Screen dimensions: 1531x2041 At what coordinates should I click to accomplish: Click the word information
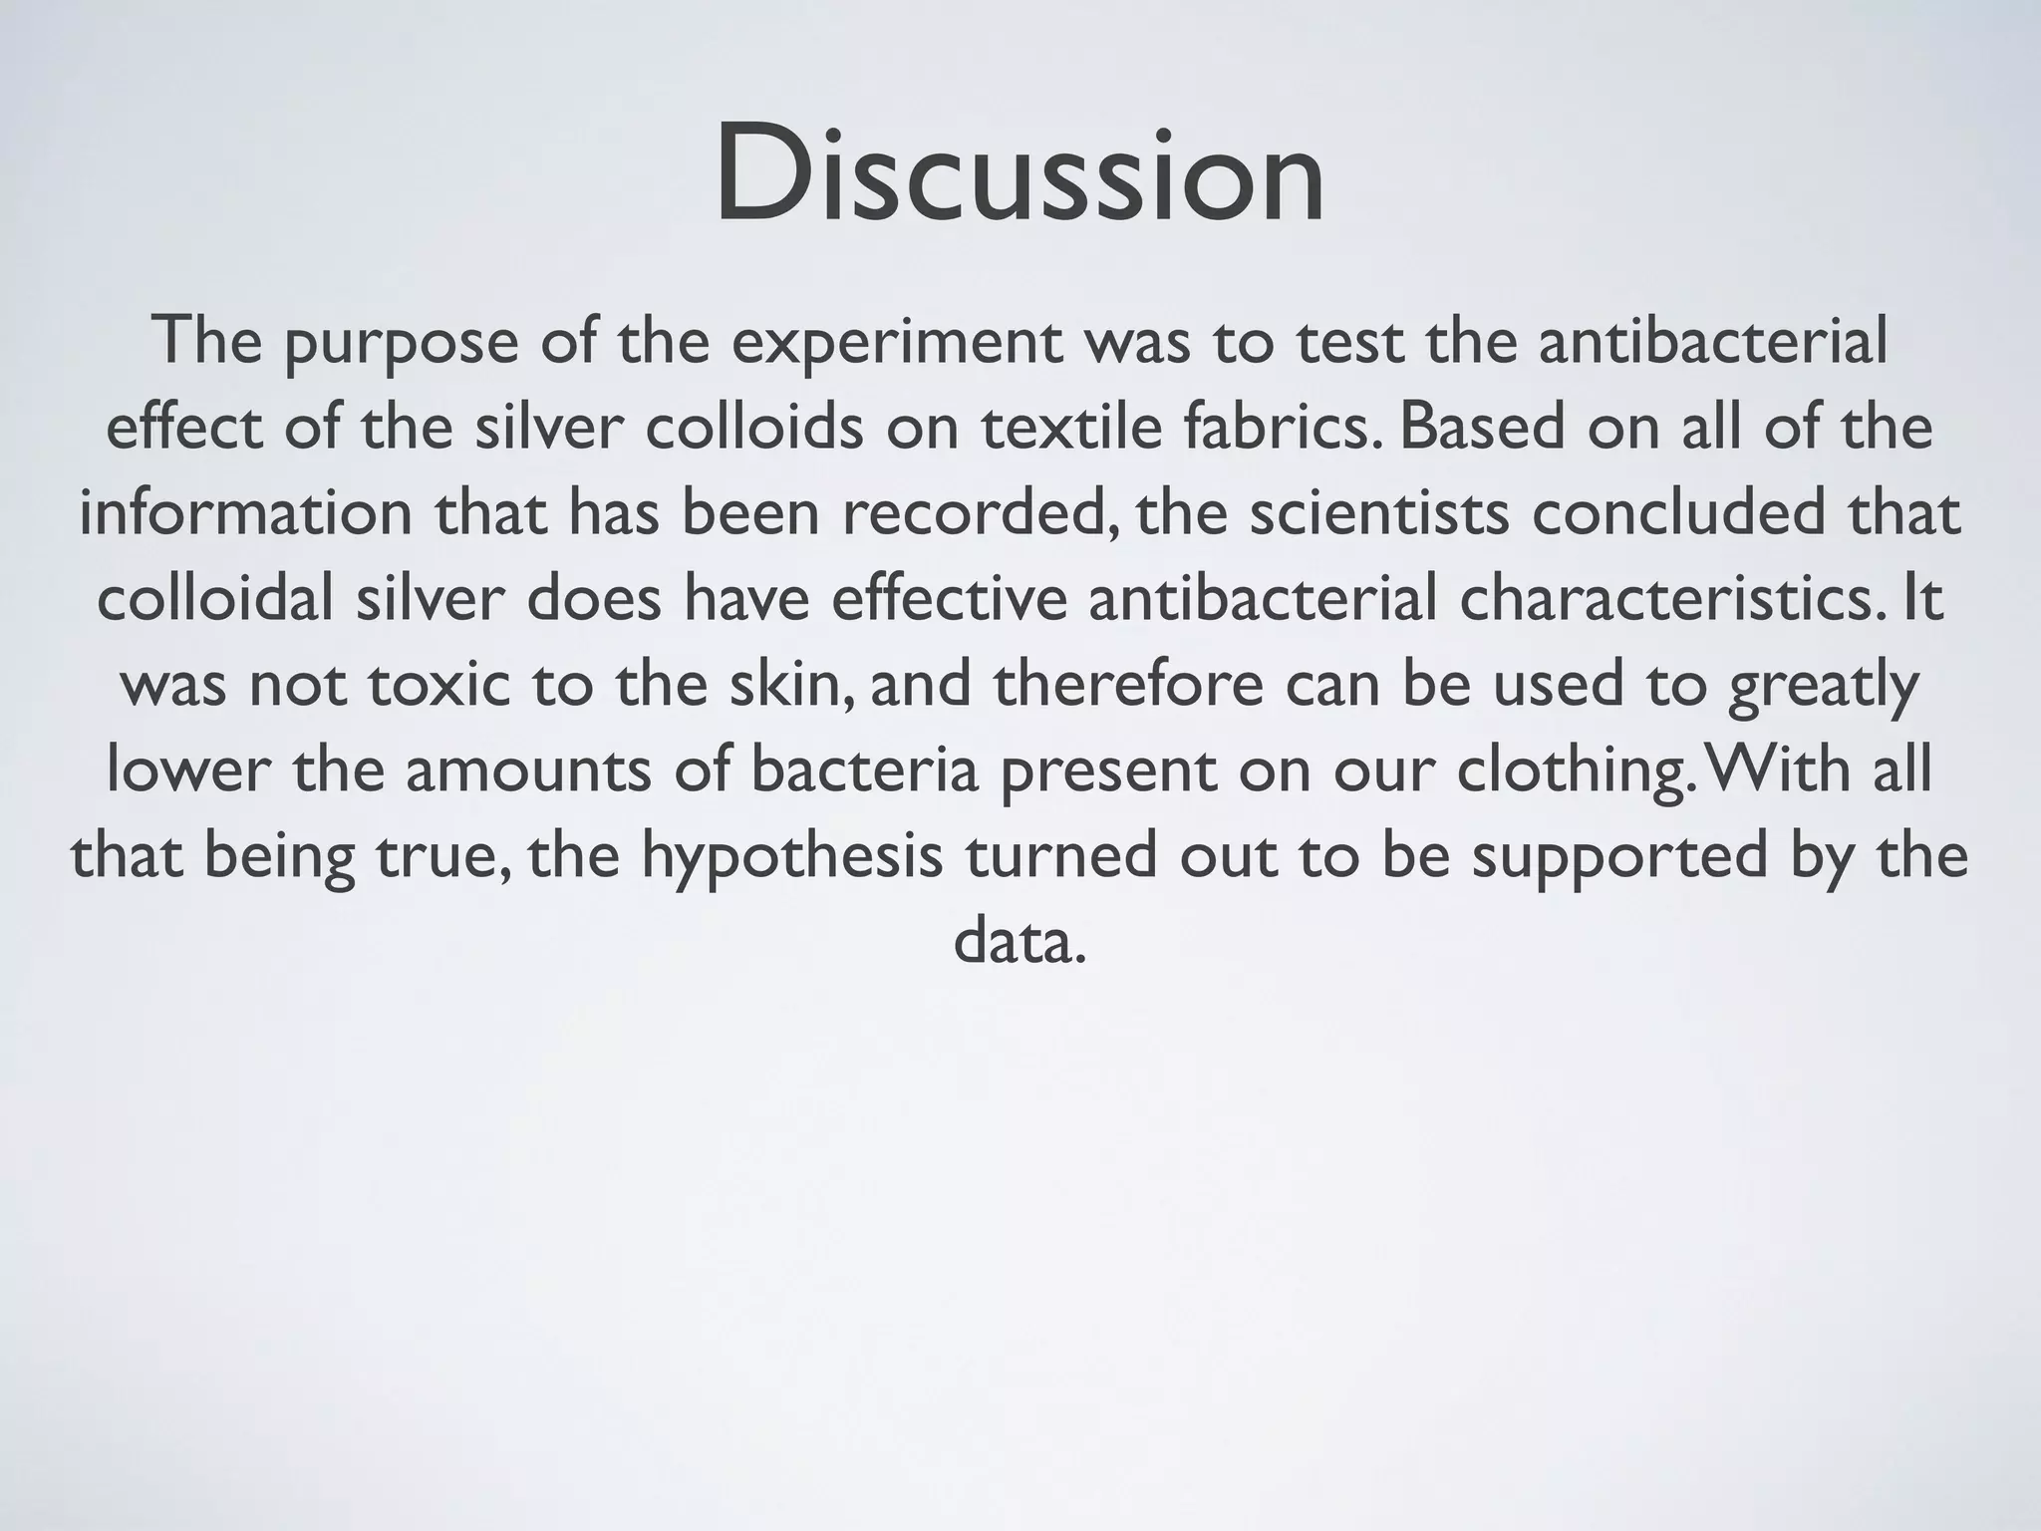[x=245, y=514]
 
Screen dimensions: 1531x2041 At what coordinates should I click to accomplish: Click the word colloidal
[x=215, y=600]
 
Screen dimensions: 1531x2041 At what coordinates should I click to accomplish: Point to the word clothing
[x=1572, y=771]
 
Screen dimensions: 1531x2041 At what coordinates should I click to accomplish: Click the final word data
[x=1019, y=943]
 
